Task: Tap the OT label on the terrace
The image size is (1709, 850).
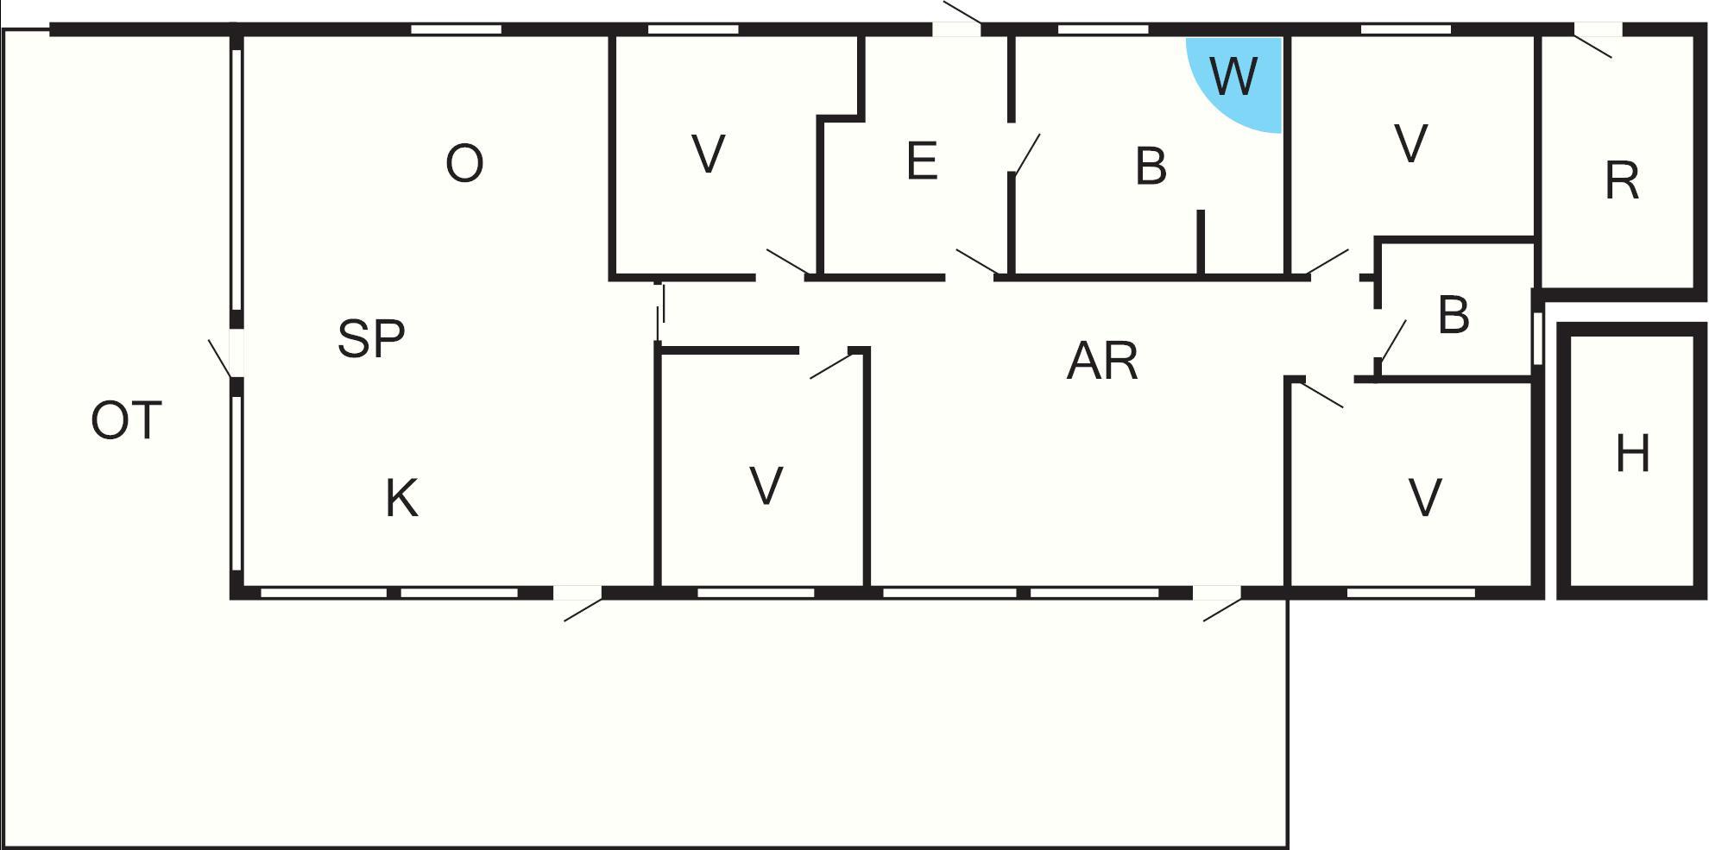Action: (x=126, y=421)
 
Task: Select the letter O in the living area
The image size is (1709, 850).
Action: (x=464, y=163)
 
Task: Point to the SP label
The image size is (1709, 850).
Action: (x=371, y=338)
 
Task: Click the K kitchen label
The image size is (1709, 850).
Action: (x=401, y=498)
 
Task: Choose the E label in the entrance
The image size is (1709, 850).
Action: (x=922, y=161)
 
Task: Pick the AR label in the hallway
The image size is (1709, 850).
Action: (x=1102, y=361)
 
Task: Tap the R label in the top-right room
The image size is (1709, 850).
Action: (x=1622, y=181)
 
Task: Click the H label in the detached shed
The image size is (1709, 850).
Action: (x=1632, y=454)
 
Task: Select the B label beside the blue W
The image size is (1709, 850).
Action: (x=1151, y=166)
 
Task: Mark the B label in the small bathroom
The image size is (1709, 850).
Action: (x=1454, y=315)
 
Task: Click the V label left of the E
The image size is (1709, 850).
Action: (x=709, y=155)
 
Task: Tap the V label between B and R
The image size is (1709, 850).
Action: (x=1411, y=143)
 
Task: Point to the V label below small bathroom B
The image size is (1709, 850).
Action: (x=1424, y=498)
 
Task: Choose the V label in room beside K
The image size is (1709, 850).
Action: (x=766, y=486)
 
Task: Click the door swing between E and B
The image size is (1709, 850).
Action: (x=1026, y=154)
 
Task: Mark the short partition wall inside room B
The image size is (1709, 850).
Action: (x=1200, y=242)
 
